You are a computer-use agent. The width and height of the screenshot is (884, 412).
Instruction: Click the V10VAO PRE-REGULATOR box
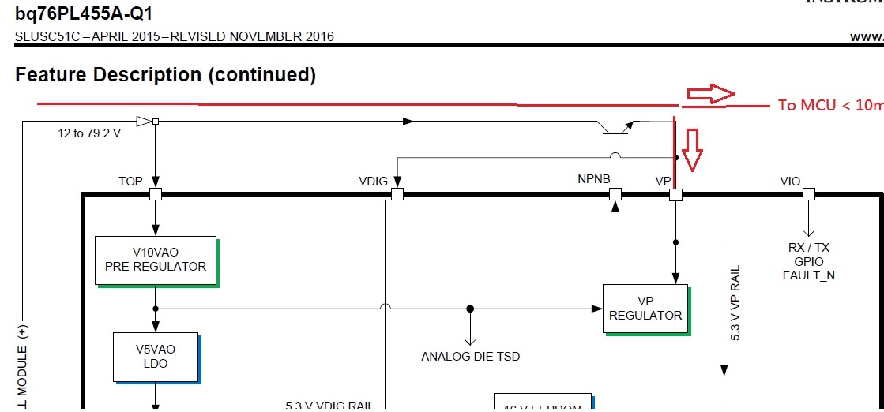tap(155, 260)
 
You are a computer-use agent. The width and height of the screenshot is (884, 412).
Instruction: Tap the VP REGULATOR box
tap(645, 308)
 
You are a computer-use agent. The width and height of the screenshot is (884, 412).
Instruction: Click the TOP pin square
tap(156, 193)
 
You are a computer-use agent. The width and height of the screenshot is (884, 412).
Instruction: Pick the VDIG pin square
tap(397, 193)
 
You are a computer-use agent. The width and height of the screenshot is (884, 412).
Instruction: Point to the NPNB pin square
tap(615, 193)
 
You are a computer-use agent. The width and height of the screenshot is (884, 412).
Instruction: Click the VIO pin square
tap(808, 193)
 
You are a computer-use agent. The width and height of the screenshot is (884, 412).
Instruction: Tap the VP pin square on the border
tap(675, 193)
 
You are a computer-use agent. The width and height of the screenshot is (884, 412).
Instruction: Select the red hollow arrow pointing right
tap(710, 94)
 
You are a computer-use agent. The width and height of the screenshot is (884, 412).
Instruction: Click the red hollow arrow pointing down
tap(692, 150)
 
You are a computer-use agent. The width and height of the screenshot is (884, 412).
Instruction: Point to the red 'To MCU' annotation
tap(829, 105)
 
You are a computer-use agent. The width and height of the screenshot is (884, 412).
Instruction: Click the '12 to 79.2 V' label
tap(89, 133)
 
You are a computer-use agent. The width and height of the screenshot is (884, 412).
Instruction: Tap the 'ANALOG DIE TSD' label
tap(471, 356)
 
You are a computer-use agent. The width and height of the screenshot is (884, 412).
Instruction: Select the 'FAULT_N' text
tap(808, 275)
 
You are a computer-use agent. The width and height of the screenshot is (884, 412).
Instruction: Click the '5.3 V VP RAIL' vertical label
tap(735, 303)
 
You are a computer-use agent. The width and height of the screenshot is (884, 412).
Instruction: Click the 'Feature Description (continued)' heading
tap(165, 75)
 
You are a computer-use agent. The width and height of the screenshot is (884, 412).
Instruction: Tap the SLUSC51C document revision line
tap(174, 36)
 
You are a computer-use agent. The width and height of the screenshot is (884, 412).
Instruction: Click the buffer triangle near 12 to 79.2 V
tap(143, 121)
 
